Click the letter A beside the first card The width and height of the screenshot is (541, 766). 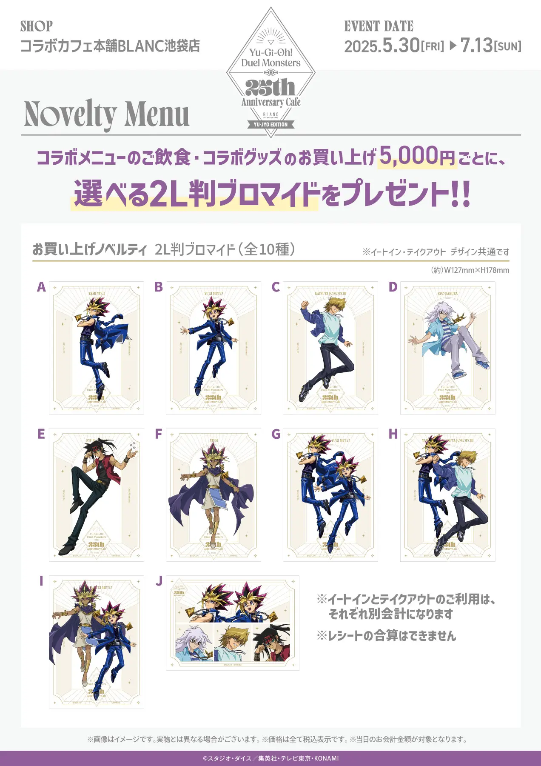(41, 287)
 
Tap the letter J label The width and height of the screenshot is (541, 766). (159, 581)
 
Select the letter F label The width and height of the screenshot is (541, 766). (159, 434)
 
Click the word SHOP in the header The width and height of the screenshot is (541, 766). (37, 26)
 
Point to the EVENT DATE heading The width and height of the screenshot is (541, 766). (379, 26)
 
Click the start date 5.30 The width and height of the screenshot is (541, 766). (401, 46)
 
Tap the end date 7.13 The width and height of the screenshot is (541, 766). (476, 46)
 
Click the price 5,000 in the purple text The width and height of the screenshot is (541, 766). (409, 155)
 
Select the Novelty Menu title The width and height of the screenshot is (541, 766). (107, 114)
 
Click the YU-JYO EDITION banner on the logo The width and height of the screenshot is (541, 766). (271, 125)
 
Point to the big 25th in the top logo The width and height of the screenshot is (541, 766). (270, 88)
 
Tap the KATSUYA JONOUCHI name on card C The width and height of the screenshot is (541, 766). (330, 294)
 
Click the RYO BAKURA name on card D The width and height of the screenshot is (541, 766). (447, 294)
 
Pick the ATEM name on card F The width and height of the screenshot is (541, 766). (214, 440)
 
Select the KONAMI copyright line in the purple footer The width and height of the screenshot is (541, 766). (270, 758)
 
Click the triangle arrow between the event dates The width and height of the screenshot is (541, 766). (453, 46)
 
